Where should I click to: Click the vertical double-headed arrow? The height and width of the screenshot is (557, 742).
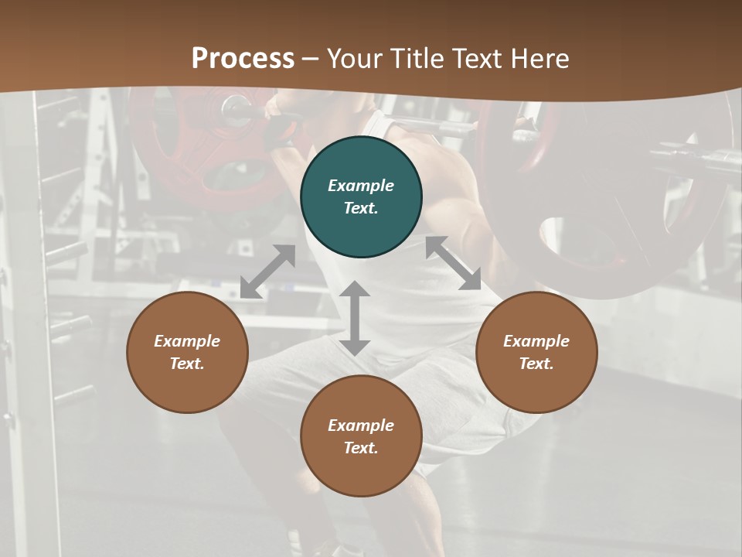click(355, 318)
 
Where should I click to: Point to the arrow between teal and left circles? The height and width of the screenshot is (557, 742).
click(267, 272)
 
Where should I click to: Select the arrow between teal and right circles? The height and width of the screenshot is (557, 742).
click(453, 263)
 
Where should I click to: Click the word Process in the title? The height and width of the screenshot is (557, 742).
click(243, 59)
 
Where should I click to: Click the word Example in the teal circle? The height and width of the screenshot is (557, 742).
click(361, 186)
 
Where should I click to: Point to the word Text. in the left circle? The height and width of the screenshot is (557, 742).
click(187, 364)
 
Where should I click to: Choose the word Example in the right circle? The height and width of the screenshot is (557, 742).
click(536, 341)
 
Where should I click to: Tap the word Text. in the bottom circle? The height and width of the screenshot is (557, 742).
click(361, 448)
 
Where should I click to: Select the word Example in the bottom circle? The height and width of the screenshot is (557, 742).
click(361, 425)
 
